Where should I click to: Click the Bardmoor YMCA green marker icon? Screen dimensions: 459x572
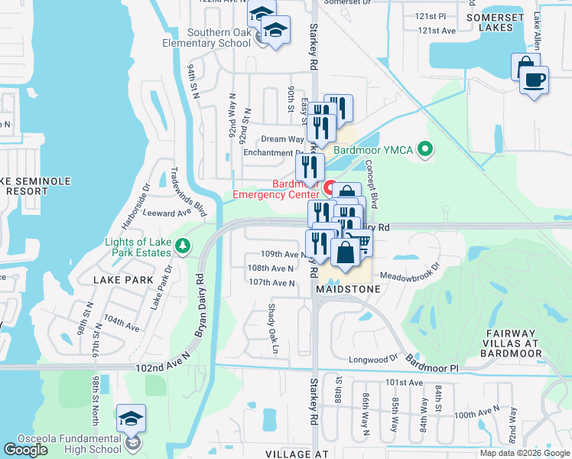coord(427,150)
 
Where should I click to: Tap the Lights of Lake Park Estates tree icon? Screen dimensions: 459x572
coord(182,246)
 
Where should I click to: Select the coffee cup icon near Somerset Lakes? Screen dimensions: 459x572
coord(534,80)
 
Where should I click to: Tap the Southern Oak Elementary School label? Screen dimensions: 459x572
coord(206,37)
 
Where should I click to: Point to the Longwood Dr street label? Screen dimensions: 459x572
coord(374,357)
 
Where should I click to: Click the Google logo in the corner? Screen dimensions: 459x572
coord(26,450)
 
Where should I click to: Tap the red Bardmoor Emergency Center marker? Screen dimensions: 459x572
coord(331,187)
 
